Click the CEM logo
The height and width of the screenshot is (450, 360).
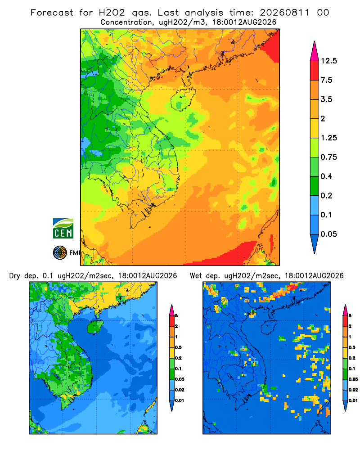(63, 228)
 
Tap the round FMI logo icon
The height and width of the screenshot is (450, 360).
(60, 252)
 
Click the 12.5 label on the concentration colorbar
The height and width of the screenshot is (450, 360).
(329, 61)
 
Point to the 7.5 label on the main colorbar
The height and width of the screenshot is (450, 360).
(326, 80)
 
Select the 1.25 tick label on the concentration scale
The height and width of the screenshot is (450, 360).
(329, 138)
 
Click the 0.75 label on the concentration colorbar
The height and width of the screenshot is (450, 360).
(329, 157)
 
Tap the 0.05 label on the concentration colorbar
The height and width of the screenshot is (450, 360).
(329, 234)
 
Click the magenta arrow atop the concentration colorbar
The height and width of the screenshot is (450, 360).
(315, 51)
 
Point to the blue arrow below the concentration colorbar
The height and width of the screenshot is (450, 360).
(315, 243)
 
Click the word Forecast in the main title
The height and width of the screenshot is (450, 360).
(52, 13)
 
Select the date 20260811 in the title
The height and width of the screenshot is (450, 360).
(285, 13)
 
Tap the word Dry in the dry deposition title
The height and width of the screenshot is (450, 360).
(15, 276)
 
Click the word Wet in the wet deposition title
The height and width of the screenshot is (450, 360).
(196, 276)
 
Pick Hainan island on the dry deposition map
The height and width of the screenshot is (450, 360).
(95, 327)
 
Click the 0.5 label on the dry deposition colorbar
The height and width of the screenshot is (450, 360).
(178, 347)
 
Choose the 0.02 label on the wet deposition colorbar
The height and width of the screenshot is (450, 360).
(353, 390)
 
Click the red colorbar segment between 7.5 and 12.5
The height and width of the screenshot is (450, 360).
(315, 71)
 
